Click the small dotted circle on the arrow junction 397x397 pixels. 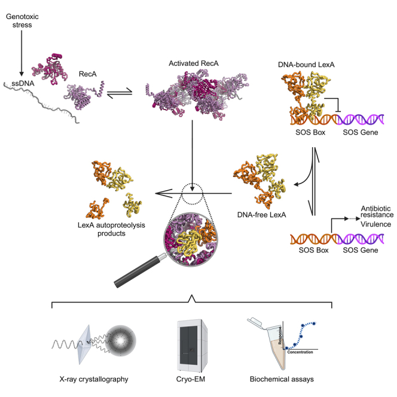[x=193, y=193]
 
